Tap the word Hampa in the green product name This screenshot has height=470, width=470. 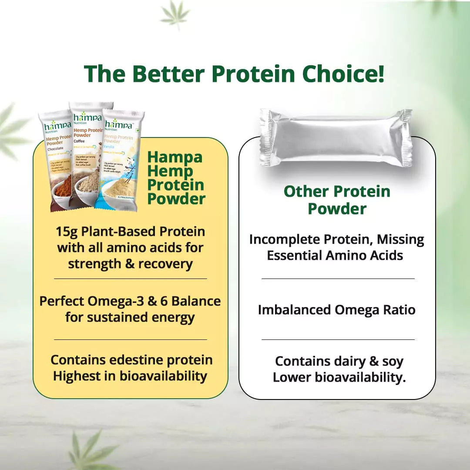click(x=175, y=157)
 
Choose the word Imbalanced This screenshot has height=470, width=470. click(x=295, y=310)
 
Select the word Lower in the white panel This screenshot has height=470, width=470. click(x=292, y=377)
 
